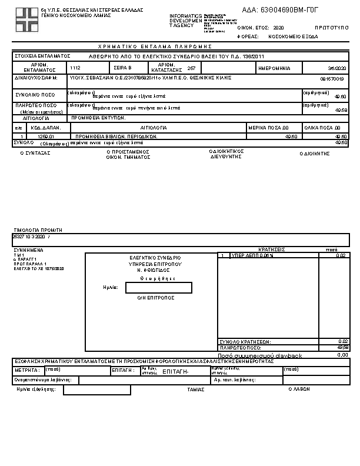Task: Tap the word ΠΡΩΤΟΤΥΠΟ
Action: (x=329, y=28)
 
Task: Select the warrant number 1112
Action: (x=75, y=68)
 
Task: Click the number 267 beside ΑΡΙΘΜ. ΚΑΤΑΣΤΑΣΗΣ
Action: (x=191, y=68)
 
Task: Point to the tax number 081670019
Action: (x=332, y=78)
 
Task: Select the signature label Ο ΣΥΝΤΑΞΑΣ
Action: (x=36, y=153)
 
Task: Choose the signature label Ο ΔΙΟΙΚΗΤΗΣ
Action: (x=314, y=153)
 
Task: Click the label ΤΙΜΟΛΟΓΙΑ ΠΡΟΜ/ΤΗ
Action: (x=38, y=230)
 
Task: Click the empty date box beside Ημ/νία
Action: (x=159, y=287)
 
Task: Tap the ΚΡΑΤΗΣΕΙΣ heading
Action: (x=272, y=249)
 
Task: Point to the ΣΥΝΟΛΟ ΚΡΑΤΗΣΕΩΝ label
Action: (x=244, y=341)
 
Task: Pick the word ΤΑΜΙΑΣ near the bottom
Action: (x=195, y=390)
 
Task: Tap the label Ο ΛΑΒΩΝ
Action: (x=299, y=390)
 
